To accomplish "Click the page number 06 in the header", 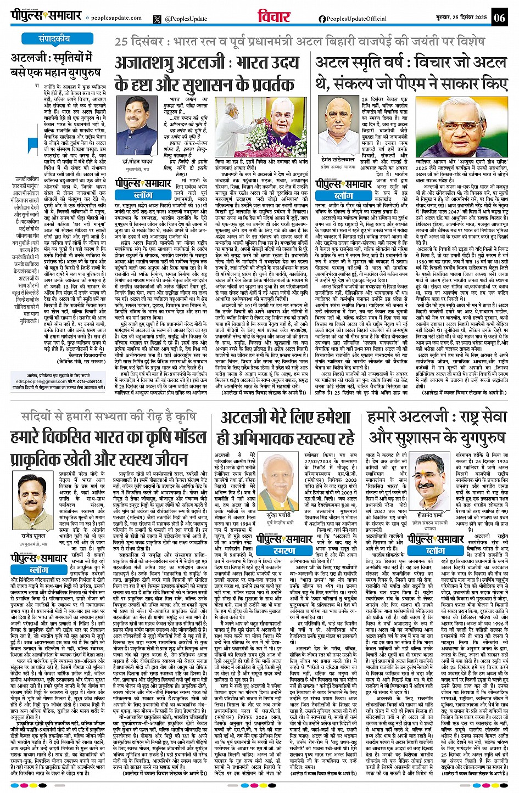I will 499,18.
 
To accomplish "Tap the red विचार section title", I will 274,17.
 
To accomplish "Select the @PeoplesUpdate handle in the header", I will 186,19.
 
